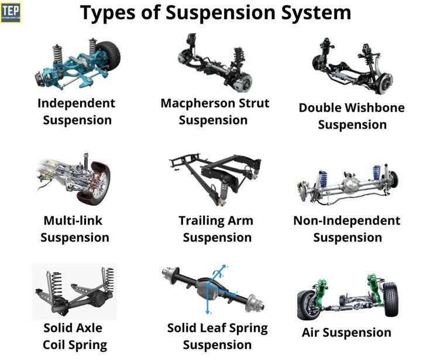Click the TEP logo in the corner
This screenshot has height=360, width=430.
click(10, 12)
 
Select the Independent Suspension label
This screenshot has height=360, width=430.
click(77, 112)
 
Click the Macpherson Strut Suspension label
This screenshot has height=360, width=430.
click(215, 112)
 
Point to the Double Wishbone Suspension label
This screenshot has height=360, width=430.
click(352, 116)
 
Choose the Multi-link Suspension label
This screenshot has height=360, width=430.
click(74, 229)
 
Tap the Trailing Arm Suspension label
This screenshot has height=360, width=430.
click(216, 229)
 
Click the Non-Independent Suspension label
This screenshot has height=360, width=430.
click(347, 229)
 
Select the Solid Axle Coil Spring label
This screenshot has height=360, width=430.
click(74, 336)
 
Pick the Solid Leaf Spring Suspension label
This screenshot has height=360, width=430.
click(217, 336)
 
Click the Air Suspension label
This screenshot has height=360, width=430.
click(346, 333)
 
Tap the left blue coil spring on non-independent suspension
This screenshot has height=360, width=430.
click(323, 178)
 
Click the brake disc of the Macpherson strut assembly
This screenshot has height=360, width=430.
click(242, 82)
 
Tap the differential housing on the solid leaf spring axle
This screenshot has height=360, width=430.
click(209, 287)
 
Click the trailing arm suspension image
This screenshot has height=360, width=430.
click(216, 175)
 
